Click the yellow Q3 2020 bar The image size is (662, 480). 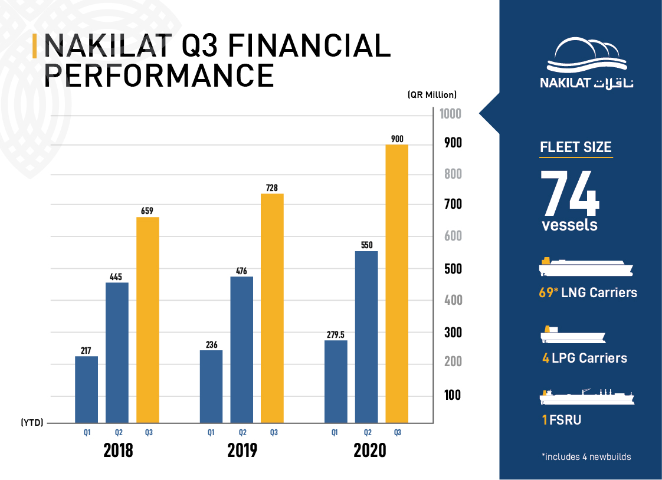coord(396,283)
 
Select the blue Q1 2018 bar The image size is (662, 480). coord(86,389)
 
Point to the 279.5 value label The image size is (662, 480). coord(335,334)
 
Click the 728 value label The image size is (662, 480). coord(272,187)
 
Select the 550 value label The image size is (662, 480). coord(366,245)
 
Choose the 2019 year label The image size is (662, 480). coord(242,451)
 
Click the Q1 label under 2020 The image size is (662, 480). coord(335,433)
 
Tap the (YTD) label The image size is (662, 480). coord(32,423)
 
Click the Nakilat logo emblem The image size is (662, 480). coord(587,57)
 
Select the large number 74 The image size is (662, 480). coord(570,193)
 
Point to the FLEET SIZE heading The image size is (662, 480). coord(576,147)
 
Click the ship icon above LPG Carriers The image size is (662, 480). coord(573,336)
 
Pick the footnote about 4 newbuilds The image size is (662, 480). coord(586,456)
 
